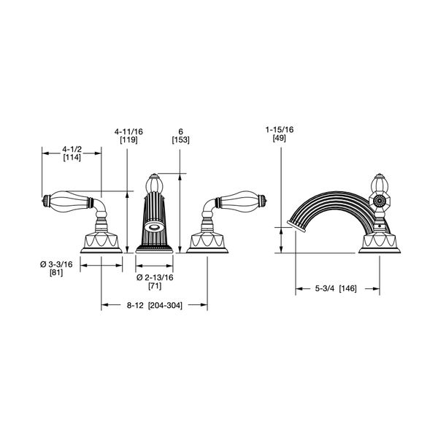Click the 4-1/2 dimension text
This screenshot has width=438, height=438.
tap(72, 149)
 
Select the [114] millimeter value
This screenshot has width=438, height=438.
tap(72, 158)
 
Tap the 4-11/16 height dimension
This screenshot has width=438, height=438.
tap(128, 131)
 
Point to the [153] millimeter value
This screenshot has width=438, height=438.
tap(180, 139)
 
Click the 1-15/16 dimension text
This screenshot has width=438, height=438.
tap(280, 130)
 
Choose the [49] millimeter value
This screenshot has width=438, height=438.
tap(280, 138)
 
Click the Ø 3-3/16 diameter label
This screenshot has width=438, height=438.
tap(56, 264)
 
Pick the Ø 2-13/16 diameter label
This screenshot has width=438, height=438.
tap(155, 277)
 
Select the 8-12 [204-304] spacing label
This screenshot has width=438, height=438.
tap(155, 305)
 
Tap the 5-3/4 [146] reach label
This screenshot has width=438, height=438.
tap(336, 288)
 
